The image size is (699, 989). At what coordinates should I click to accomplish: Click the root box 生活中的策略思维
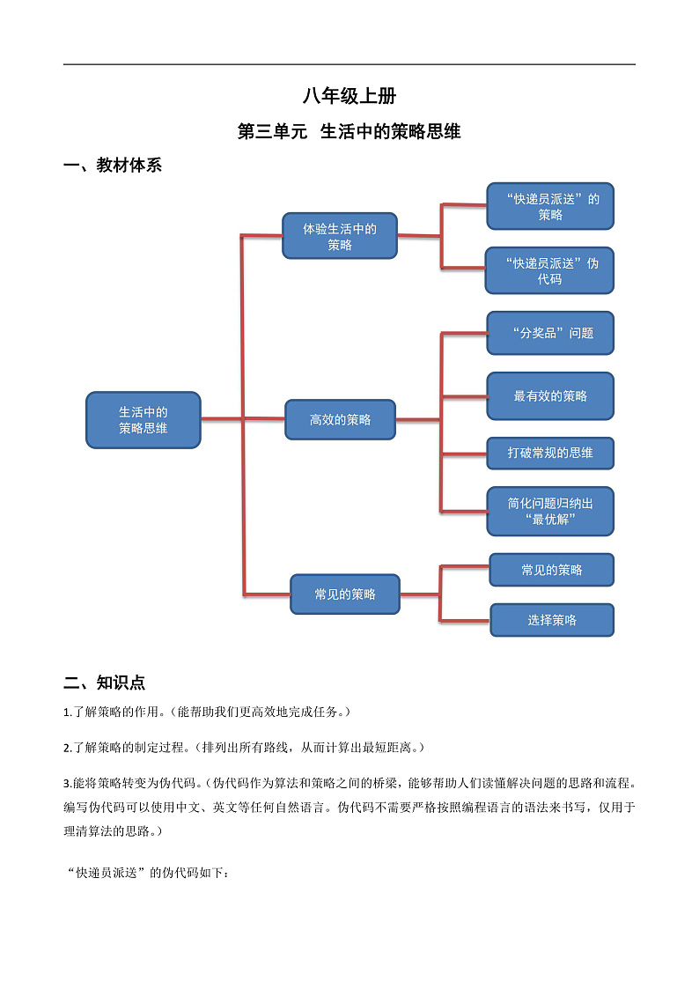[143, 420]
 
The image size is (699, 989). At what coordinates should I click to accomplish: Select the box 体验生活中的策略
[340, 236]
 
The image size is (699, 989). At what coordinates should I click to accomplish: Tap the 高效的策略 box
[340, 420]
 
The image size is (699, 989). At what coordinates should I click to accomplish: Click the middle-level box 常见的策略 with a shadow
[345, 594]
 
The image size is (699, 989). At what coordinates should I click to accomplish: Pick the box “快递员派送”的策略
[550, 207]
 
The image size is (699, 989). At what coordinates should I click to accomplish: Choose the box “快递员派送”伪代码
[549, 270]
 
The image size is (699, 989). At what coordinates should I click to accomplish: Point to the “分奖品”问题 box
[550, 333]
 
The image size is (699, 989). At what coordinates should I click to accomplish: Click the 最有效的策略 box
[550, 396]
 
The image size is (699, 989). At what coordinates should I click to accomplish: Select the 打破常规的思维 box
[550, 453]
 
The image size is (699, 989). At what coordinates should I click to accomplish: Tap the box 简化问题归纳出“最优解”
[550, 511]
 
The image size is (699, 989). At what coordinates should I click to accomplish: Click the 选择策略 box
[552, 620]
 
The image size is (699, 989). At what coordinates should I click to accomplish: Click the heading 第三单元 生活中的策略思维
[349, 132]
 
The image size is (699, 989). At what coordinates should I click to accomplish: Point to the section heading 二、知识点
[105, 683]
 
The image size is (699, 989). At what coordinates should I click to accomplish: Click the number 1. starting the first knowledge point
[68, 712]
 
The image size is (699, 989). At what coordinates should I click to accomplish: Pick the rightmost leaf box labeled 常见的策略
[552, 570]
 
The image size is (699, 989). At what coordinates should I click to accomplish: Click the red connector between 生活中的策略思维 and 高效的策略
[222, 419]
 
